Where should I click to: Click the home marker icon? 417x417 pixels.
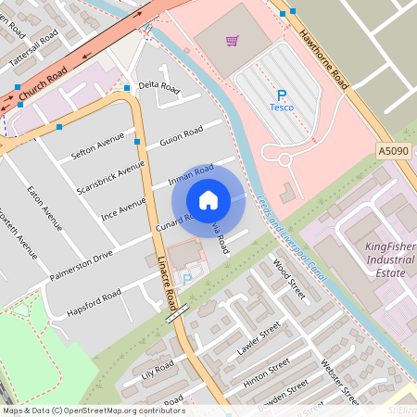coord(208,199)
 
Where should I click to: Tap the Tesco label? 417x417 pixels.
coord(281,107)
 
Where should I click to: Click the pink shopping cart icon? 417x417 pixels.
coord(232,41)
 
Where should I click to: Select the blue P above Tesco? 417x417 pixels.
coord(281,95)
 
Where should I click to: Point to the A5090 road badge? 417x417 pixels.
coord(392,150)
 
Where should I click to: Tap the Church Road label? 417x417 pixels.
coord(44,82)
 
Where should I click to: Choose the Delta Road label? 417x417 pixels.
coord(158,86)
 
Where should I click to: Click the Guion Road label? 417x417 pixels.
coord(181,134)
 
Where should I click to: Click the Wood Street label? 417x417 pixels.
coord(288,279)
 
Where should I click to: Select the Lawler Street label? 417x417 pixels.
coord(258,338)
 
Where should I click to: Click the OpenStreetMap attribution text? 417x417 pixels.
coord(94,410)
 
